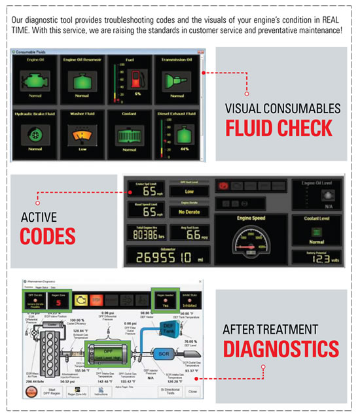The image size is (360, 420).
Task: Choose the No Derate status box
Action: [x=190, y=213]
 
